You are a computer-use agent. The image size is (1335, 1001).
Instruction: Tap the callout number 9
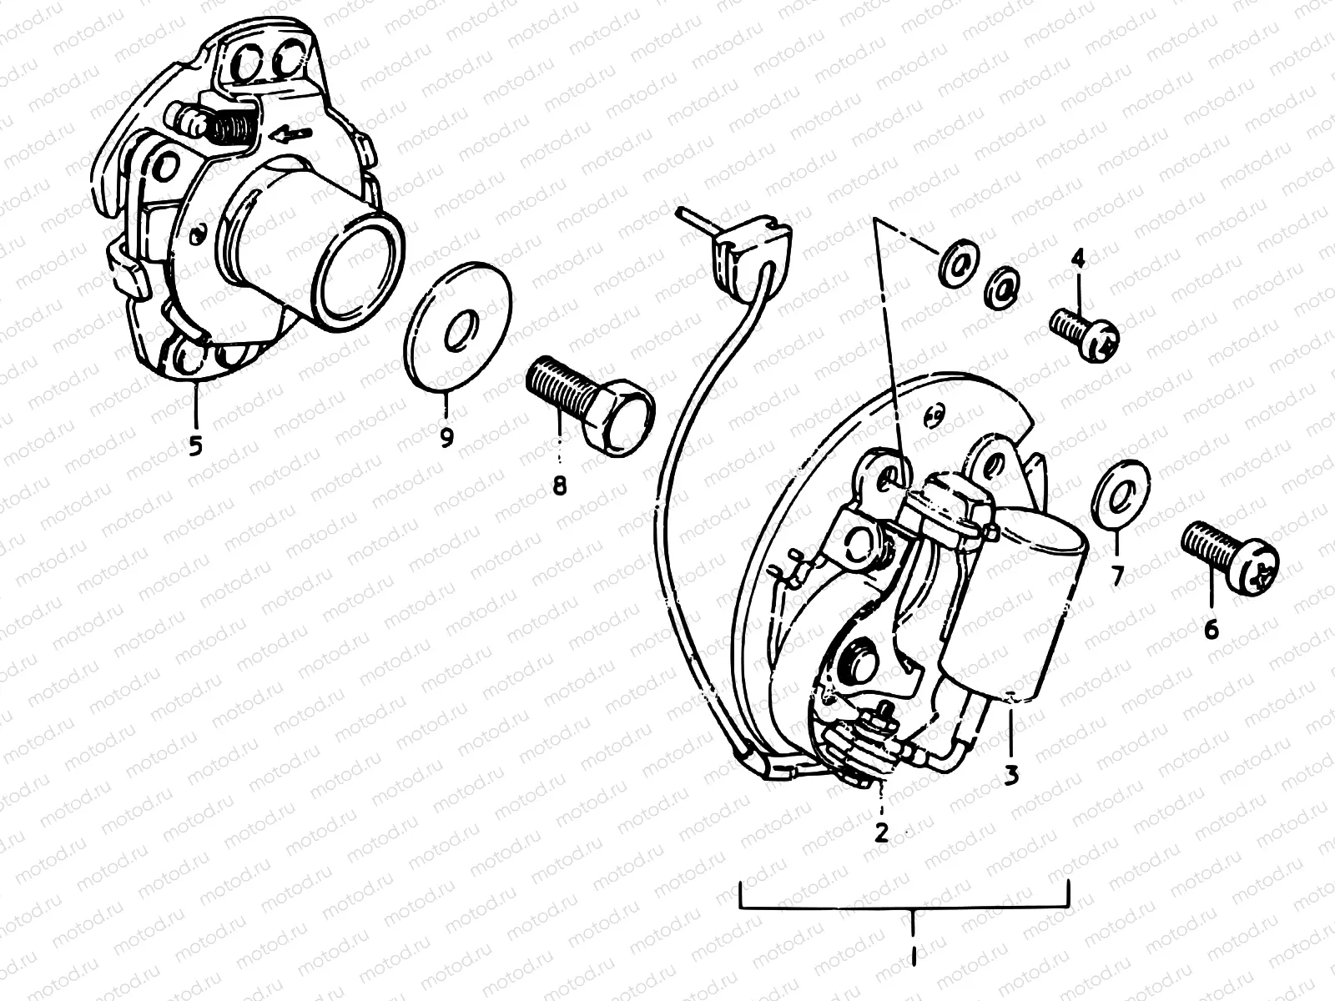446,435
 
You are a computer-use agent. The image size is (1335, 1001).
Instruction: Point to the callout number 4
1078,260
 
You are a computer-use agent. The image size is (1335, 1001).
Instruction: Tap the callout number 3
1011,775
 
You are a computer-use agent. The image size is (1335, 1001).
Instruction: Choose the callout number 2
882,831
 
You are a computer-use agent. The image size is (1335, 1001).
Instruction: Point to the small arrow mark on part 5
296,132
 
